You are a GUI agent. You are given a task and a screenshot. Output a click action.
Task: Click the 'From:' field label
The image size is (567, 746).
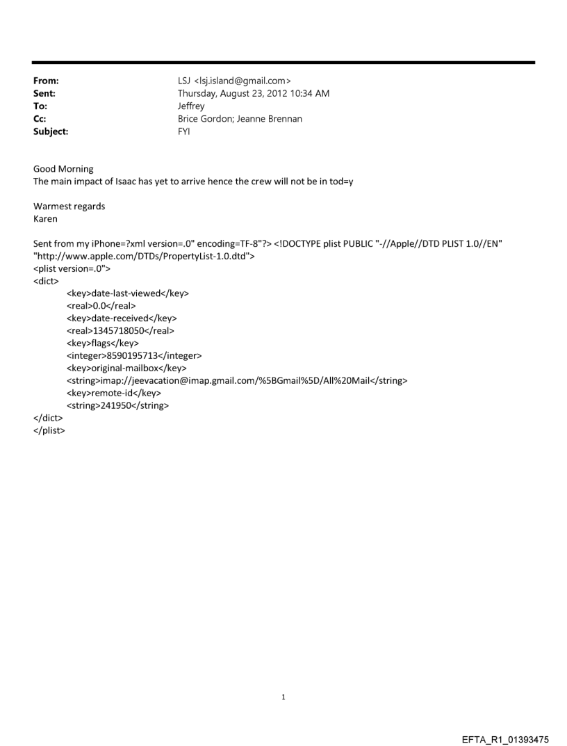tap(46, 81)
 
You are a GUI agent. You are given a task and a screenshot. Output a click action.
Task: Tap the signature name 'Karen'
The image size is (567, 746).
tap(45, 219)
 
